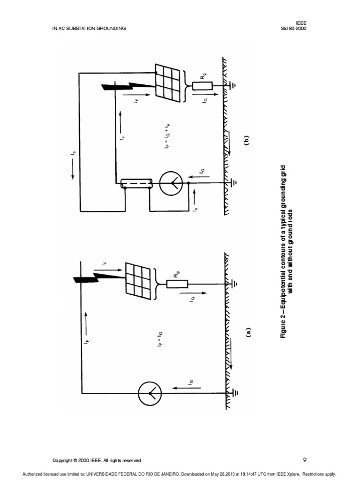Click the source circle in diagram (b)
point(170,184)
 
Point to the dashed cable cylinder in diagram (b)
point(136,184)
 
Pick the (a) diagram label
point(248,332)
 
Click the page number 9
point(305,460)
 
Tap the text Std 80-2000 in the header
point(294,28)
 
